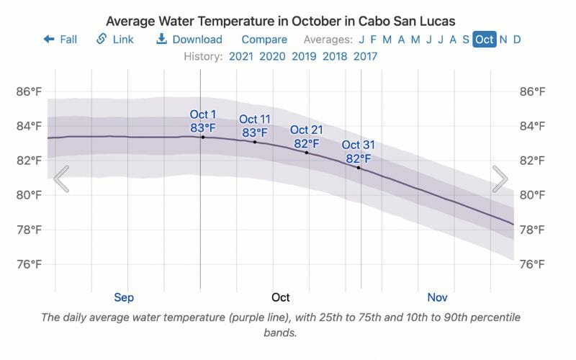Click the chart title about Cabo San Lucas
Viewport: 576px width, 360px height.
(x=281, y=20)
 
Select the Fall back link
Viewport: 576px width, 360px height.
(x=60, y=40)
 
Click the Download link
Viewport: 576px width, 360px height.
(x=189, y=40)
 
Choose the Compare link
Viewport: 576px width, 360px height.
(x=264, y=40)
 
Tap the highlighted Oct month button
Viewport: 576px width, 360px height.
(x=484, y=40)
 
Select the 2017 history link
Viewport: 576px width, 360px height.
(x=365, y=56)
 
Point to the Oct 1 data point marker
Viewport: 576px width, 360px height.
(x=202, y=137)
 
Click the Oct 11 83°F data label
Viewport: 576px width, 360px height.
(x=254, y=126)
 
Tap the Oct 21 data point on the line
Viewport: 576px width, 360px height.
(x=307, y=153)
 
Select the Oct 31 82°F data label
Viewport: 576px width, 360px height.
(x=358, y=152)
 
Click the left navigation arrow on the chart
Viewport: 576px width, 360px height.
(x=61, y=179)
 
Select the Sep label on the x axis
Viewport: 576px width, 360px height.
(x=124, y=297)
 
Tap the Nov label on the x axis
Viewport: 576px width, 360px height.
(x=437, y=297)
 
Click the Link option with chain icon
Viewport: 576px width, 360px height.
(x=115, y=40)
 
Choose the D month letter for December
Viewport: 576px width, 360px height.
(x=517, y=40)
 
